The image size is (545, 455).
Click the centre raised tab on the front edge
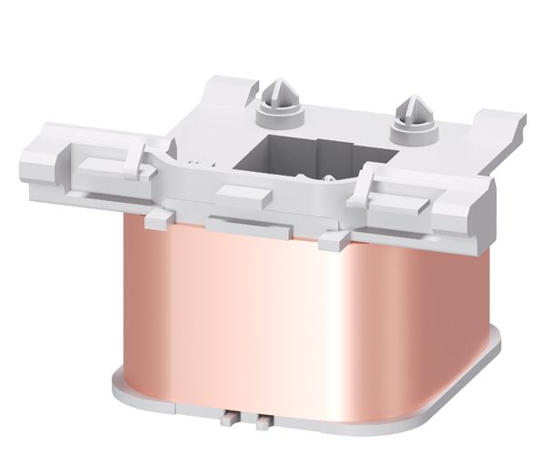coord(243,193)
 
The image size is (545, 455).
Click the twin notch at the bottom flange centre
coord(255,420)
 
